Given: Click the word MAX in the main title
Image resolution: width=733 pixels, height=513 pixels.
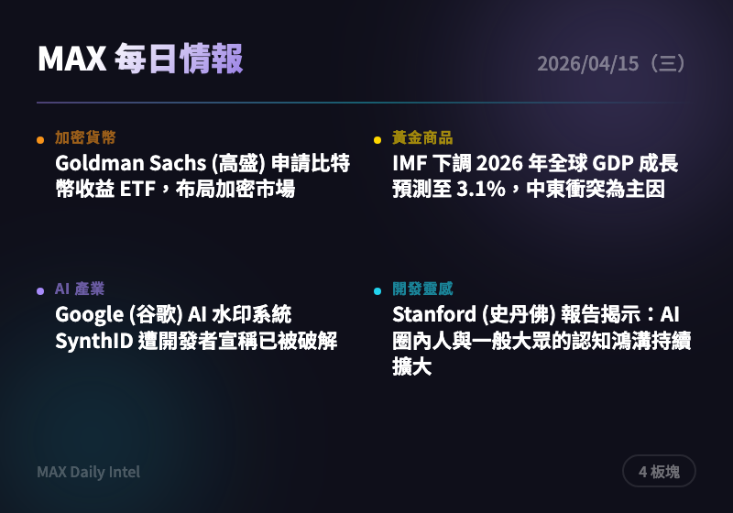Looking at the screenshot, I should click(x=72, y=60).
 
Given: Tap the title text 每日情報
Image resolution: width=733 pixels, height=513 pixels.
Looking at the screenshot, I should click(x=180, y=60).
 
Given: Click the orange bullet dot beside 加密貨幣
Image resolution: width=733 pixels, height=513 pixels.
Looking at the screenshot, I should click(x=40, y=140).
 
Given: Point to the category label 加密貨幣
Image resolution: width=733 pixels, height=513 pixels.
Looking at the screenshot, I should click(x=85, y=138).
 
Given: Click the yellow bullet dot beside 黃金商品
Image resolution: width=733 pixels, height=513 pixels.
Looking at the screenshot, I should click(x=377, y=140).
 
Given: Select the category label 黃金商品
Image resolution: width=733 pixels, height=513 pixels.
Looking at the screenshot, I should click(x=422, y=138).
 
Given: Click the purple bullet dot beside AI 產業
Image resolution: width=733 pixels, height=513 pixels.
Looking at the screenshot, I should click(x=40, y=291).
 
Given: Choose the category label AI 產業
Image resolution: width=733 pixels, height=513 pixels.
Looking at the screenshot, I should click(x=80, y=289).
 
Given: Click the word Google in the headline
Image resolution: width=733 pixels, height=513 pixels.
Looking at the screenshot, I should click(x=87, y=315).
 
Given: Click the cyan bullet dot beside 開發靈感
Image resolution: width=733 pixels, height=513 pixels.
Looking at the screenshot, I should click(x=377, y=291).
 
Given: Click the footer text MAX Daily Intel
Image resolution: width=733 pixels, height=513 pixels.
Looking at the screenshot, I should click(x=89, y=472).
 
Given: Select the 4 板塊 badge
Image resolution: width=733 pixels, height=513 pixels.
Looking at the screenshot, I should click(x=660, y=472).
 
